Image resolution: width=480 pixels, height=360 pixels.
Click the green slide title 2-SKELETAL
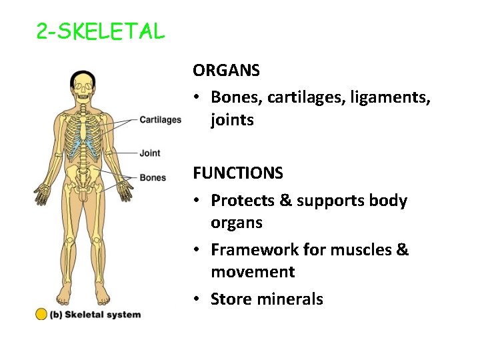pos(100,31)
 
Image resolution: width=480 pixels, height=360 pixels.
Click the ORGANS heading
pos(226,69)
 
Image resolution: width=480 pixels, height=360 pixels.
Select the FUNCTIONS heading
pos(238,173)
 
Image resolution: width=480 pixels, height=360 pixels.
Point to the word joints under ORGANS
pos(232,120)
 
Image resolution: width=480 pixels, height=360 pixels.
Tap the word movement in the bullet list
pos(253,272)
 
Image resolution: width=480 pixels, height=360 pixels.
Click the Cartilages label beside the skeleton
pos(160,120)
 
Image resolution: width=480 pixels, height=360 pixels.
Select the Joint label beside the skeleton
pos(150,153)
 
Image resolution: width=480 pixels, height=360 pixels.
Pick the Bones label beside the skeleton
pos(153,178)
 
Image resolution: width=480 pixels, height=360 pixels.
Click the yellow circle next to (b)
pos(41,314)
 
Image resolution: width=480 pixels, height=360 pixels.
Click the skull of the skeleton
pos(83,83)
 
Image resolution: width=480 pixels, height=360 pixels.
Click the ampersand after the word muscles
pos(402,250)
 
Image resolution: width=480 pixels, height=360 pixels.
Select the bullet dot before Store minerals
pos(198,300)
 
